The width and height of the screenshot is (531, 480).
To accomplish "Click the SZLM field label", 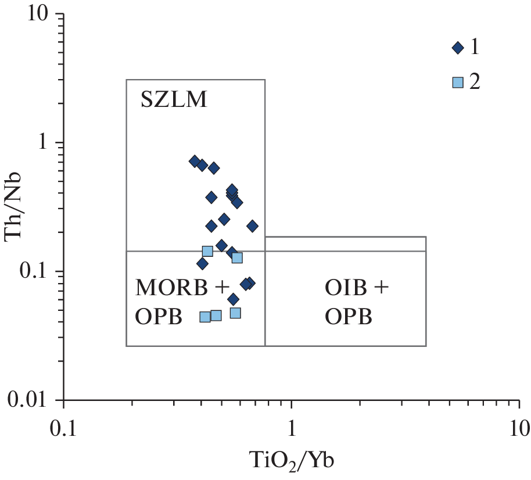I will pyautogui.click(x=174, y=101).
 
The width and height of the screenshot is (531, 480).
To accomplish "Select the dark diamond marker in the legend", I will pyautogui.click(x=458, y=48).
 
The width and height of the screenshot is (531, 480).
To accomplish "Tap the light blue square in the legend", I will pyautogui.click(x=458, y=82).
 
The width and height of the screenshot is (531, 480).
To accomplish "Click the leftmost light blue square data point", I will pyautogui.click(x=205, y=317).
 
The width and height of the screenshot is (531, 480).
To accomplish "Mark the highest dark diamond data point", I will pyautogui.click(x=195, y=161).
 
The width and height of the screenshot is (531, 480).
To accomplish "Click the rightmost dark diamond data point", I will pyautogui.click(x=252, y=226).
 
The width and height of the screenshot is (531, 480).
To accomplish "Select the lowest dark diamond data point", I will pyautogui.click(x=233, y=299).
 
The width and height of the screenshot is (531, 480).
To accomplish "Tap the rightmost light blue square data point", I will pyautogui.click(x=237, y=257).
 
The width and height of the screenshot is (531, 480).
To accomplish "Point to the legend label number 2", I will pyautogui.click(x=475, y=82).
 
